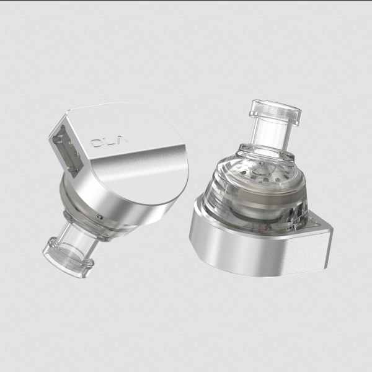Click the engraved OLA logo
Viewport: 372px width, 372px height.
coord(110,141)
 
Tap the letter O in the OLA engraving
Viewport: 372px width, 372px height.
coord(97,143)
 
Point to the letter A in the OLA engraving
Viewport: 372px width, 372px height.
coord(123,139)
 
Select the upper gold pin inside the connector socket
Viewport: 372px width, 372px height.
coord(71,143)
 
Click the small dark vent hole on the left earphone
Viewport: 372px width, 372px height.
coord(99,216)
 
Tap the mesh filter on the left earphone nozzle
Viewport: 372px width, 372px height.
coord(67,259)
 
